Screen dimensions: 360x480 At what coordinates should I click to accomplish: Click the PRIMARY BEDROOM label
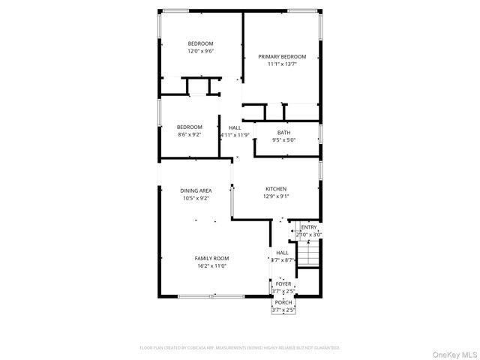[282, 56]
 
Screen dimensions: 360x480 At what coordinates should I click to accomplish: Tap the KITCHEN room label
[276, 188]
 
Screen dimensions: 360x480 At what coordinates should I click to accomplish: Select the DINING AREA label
[196, 190]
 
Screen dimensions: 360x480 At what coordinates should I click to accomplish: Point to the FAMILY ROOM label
[211, 258]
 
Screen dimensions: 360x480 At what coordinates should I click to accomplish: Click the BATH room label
[283, 132]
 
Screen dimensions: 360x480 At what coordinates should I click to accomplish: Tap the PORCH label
[283, 301]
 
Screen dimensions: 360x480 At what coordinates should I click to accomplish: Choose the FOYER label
[283, 283]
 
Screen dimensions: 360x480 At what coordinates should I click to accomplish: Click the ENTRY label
[309, 227]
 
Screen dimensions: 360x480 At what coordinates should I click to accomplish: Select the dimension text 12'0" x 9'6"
[201, 52]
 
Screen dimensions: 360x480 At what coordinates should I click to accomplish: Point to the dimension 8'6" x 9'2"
[190, 135]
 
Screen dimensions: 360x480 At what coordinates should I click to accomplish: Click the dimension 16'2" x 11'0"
[211, 266]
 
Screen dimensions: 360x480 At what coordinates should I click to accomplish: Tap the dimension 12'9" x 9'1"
[276, 196]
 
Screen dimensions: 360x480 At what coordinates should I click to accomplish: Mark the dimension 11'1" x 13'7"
[282, 64]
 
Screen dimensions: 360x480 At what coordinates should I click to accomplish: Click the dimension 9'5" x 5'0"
[283, 140]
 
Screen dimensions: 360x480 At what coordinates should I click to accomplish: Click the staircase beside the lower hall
[309, 255]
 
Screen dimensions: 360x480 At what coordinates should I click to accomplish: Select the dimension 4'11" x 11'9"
[235, 136]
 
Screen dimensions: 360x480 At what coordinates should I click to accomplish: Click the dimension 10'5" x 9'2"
[196, 199]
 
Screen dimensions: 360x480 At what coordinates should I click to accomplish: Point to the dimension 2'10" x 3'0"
[309, 235]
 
